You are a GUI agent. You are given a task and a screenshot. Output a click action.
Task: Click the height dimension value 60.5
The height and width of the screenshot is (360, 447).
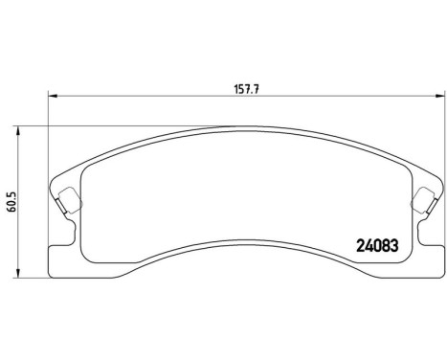[x=11, y=203]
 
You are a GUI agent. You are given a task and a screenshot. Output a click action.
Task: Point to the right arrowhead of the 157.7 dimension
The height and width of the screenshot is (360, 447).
[x=439, y=95]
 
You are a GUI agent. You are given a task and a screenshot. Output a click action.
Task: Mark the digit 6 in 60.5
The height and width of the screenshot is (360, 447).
[x=11, y=213]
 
